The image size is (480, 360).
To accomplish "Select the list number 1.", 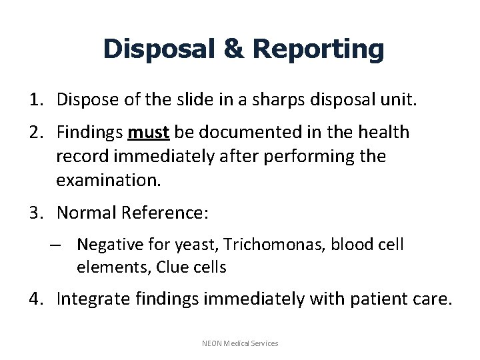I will pyautogui.click(x=34, y=100).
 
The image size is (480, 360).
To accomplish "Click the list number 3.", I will pyautogui.click(x=34, y=213).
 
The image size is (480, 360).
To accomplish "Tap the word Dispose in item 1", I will pyautogui.click(x=84, y=100).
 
